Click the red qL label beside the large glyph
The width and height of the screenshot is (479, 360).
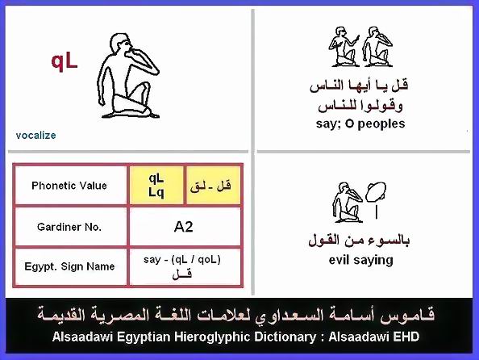click(65, 62)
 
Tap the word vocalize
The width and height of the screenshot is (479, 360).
click(35, 135)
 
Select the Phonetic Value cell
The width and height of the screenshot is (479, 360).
click(69, 186)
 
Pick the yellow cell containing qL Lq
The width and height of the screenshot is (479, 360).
click(156, 186)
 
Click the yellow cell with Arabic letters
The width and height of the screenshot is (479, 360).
click(213, 186)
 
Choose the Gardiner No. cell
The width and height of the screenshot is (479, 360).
click(69, 227)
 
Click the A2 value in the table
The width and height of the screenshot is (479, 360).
click(183, 227)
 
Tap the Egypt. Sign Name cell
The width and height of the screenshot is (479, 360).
click(69, 266)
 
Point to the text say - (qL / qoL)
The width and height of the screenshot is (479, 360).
click(182, 260)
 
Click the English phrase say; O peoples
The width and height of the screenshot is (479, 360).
click(360, 123)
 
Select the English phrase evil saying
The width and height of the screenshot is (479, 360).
click(360, 260)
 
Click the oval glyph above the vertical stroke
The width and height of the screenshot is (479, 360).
click(376, 192)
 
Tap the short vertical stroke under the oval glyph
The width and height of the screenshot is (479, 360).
click(377, 212)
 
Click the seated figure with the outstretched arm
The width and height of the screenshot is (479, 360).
click(344, 47)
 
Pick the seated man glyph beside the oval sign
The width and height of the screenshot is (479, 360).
click(348, 203)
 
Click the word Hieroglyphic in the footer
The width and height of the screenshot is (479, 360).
click(213, 337)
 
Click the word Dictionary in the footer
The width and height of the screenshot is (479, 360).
click(285, 337)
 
